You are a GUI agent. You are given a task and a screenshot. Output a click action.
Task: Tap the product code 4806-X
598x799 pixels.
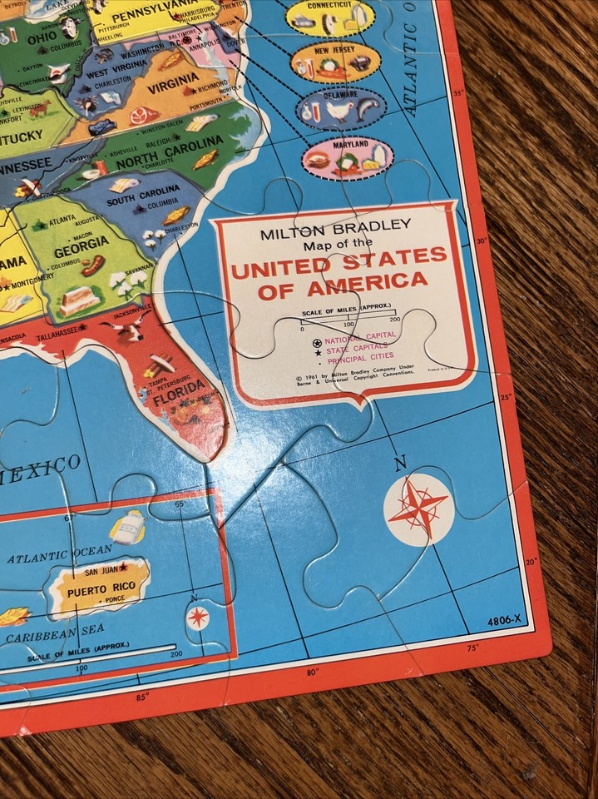pyautogui.click(x=507, y=619)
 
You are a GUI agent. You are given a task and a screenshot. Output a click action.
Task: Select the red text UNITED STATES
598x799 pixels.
pyautogui.click(x=339, y=264)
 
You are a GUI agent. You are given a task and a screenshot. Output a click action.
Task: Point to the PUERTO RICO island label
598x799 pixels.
pyautogui.click(x=99, y=583)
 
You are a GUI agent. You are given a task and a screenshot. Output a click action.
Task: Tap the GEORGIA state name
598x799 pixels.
pyautogui.click(x=81, y=241)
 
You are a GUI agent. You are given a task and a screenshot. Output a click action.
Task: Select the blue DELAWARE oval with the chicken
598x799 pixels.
pyautogui.click(x=342, y=107)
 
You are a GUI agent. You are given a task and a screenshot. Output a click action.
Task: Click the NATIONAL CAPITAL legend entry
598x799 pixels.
pyautogui.click(x=350, y=341)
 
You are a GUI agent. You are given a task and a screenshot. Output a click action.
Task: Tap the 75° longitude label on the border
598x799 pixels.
pyautogui.click(x=473, y=648)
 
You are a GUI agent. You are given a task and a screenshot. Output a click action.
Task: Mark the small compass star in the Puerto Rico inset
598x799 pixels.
pyautogui.click(x=198, y=617)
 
